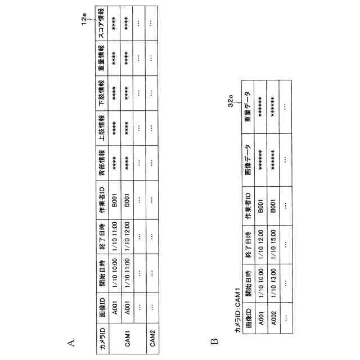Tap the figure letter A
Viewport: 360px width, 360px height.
(70, 341)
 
